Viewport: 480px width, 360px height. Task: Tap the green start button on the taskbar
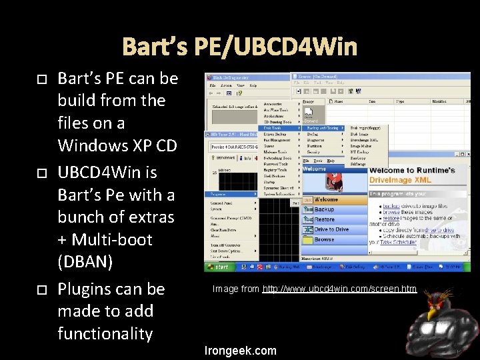pos(220,267)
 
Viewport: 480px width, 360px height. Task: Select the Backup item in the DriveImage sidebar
pos(325,209)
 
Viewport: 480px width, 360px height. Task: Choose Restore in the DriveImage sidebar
pos(325,219)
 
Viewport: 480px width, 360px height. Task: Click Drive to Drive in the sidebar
pos(331,229)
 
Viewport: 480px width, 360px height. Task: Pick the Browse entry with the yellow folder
pos(325,239)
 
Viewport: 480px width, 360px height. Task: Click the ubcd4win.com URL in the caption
pos(339,289)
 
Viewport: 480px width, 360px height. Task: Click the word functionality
pos(105,333)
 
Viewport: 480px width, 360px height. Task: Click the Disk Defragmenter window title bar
pos(247,77)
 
